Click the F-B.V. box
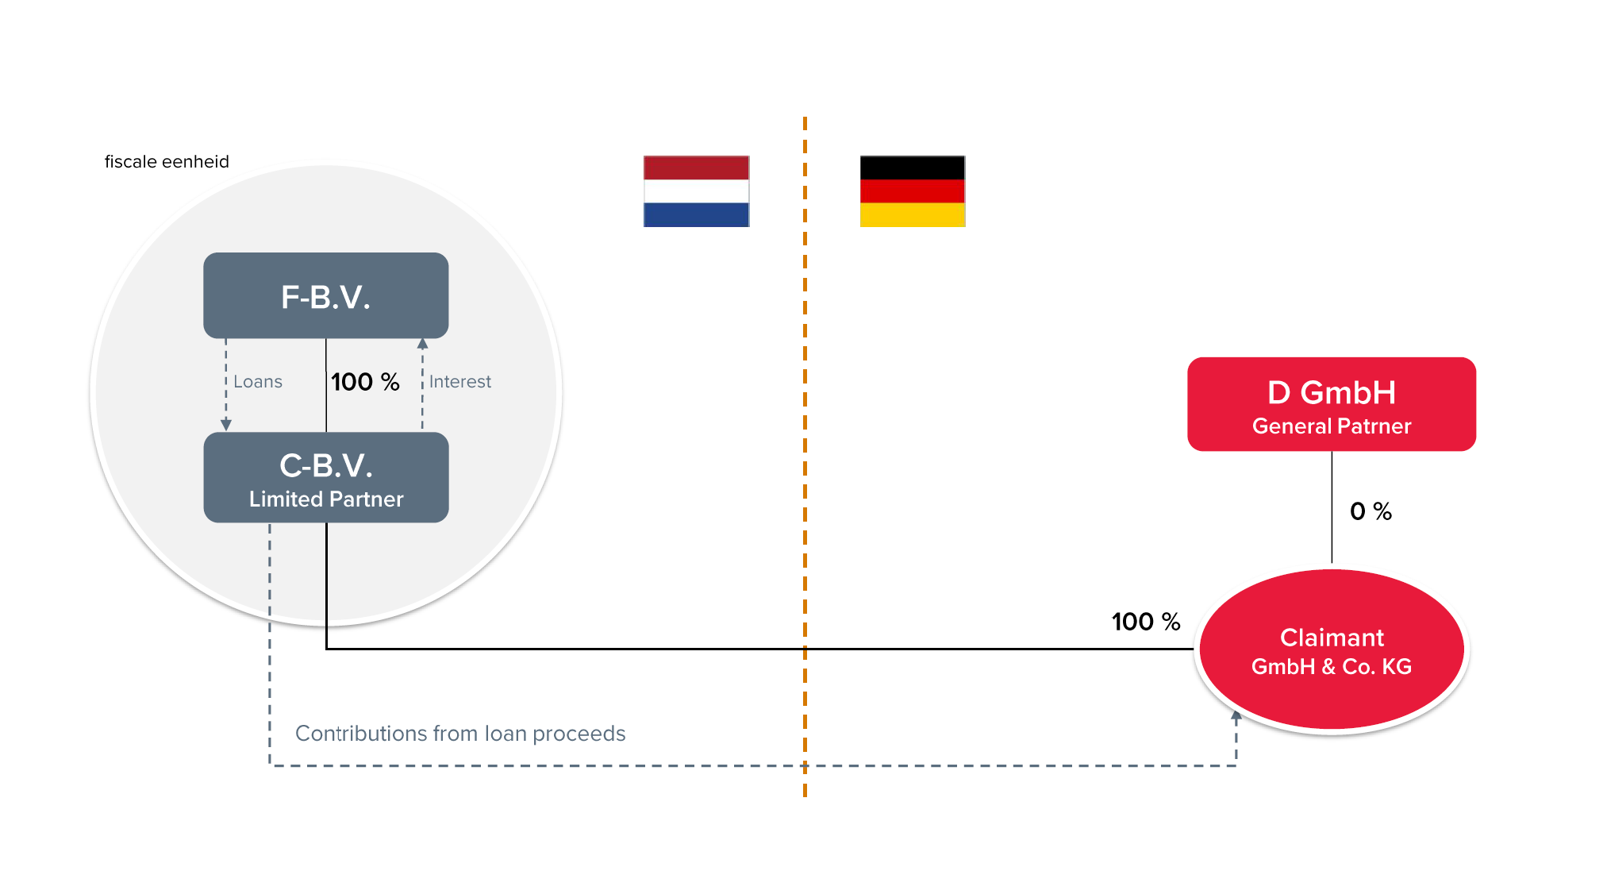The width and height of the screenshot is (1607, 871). [326, 295]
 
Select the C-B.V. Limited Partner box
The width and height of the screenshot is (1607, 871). [326, 477]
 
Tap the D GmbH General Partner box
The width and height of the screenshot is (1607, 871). [1332, 404]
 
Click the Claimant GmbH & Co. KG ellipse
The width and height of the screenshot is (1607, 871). [1332, 649]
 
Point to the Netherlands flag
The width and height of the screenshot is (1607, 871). [697, 191]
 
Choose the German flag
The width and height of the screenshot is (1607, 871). [913, 191]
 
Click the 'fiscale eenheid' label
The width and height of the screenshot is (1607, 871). [167, 162]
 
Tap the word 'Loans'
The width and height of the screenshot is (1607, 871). [258, 382]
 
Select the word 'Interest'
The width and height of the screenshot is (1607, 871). [460, 382]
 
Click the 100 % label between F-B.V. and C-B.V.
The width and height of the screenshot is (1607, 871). [365, 382]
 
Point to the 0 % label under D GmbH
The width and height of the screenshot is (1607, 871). [1371, 511]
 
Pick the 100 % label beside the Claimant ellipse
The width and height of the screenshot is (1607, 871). [1146, 622]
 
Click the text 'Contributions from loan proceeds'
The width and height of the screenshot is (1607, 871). [460, 734]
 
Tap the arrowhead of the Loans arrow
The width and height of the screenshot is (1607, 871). [226, 426]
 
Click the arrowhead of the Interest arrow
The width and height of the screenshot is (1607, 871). [422, 344]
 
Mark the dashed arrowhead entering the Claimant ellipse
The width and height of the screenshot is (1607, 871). [1236, 715]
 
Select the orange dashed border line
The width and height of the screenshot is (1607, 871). [805, 457]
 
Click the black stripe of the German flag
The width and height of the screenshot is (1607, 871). [913, 168]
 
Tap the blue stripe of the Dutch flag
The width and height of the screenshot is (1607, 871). [697, 215]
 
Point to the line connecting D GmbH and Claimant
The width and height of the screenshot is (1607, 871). [1332, 507]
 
